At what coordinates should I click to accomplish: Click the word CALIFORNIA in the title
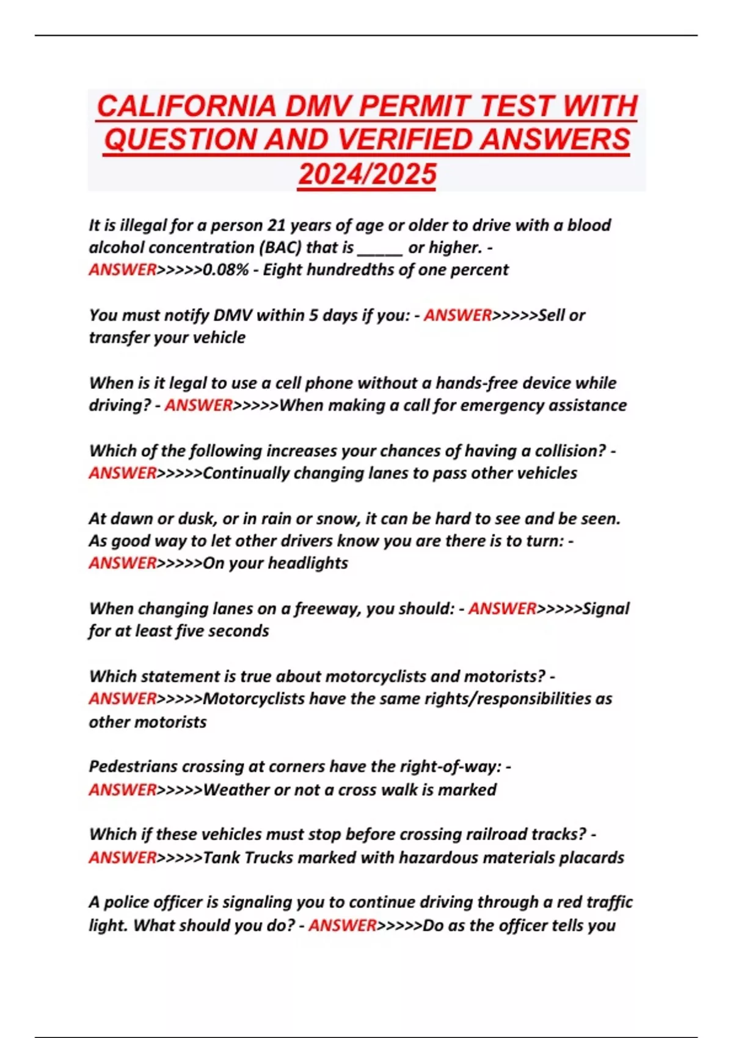(x=187, y=107)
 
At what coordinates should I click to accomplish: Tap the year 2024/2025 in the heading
(x=367, y=175)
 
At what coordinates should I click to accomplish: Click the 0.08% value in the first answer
(x=225, y=270)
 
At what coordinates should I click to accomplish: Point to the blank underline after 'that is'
(x=379, y=248)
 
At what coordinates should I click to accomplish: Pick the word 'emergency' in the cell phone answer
(x=492, y=405)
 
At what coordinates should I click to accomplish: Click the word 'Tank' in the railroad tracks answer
(x=221, y=857)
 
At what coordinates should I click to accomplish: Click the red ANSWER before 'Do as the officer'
(x=343, y=925)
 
